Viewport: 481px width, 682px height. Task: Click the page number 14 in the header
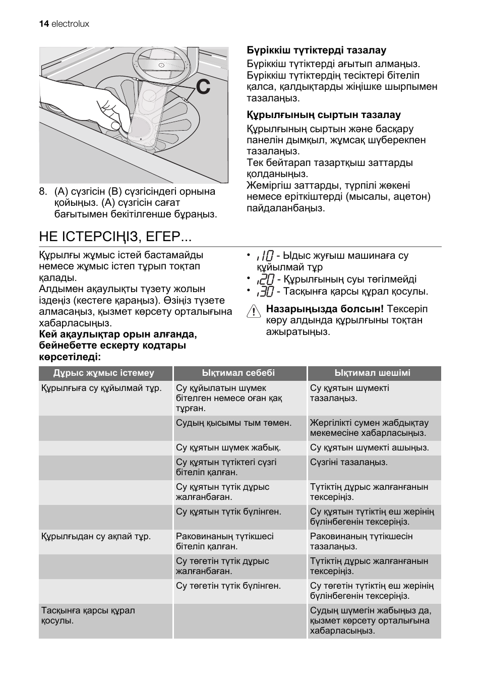43,24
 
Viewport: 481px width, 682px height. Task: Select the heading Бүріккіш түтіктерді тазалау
316,50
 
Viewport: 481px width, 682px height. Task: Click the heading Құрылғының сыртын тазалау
323,115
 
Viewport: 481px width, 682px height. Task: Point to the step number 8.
43,192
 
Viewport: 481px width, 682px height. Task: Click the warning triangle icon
253,312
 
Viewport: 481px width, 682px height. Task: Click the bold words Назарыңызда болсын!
325,309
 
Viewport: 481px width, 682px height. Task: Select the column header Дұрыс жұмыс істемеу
104,373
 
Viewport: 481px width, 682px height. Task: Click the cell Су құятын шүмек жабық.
228,447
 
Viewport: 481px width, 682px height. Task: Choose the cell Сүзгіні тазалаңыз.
348,462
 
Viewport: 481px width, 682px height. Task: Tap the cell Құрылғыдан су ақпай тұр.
96,536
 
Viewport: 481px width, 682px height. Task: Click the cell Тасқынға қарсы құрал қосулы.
88,615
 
